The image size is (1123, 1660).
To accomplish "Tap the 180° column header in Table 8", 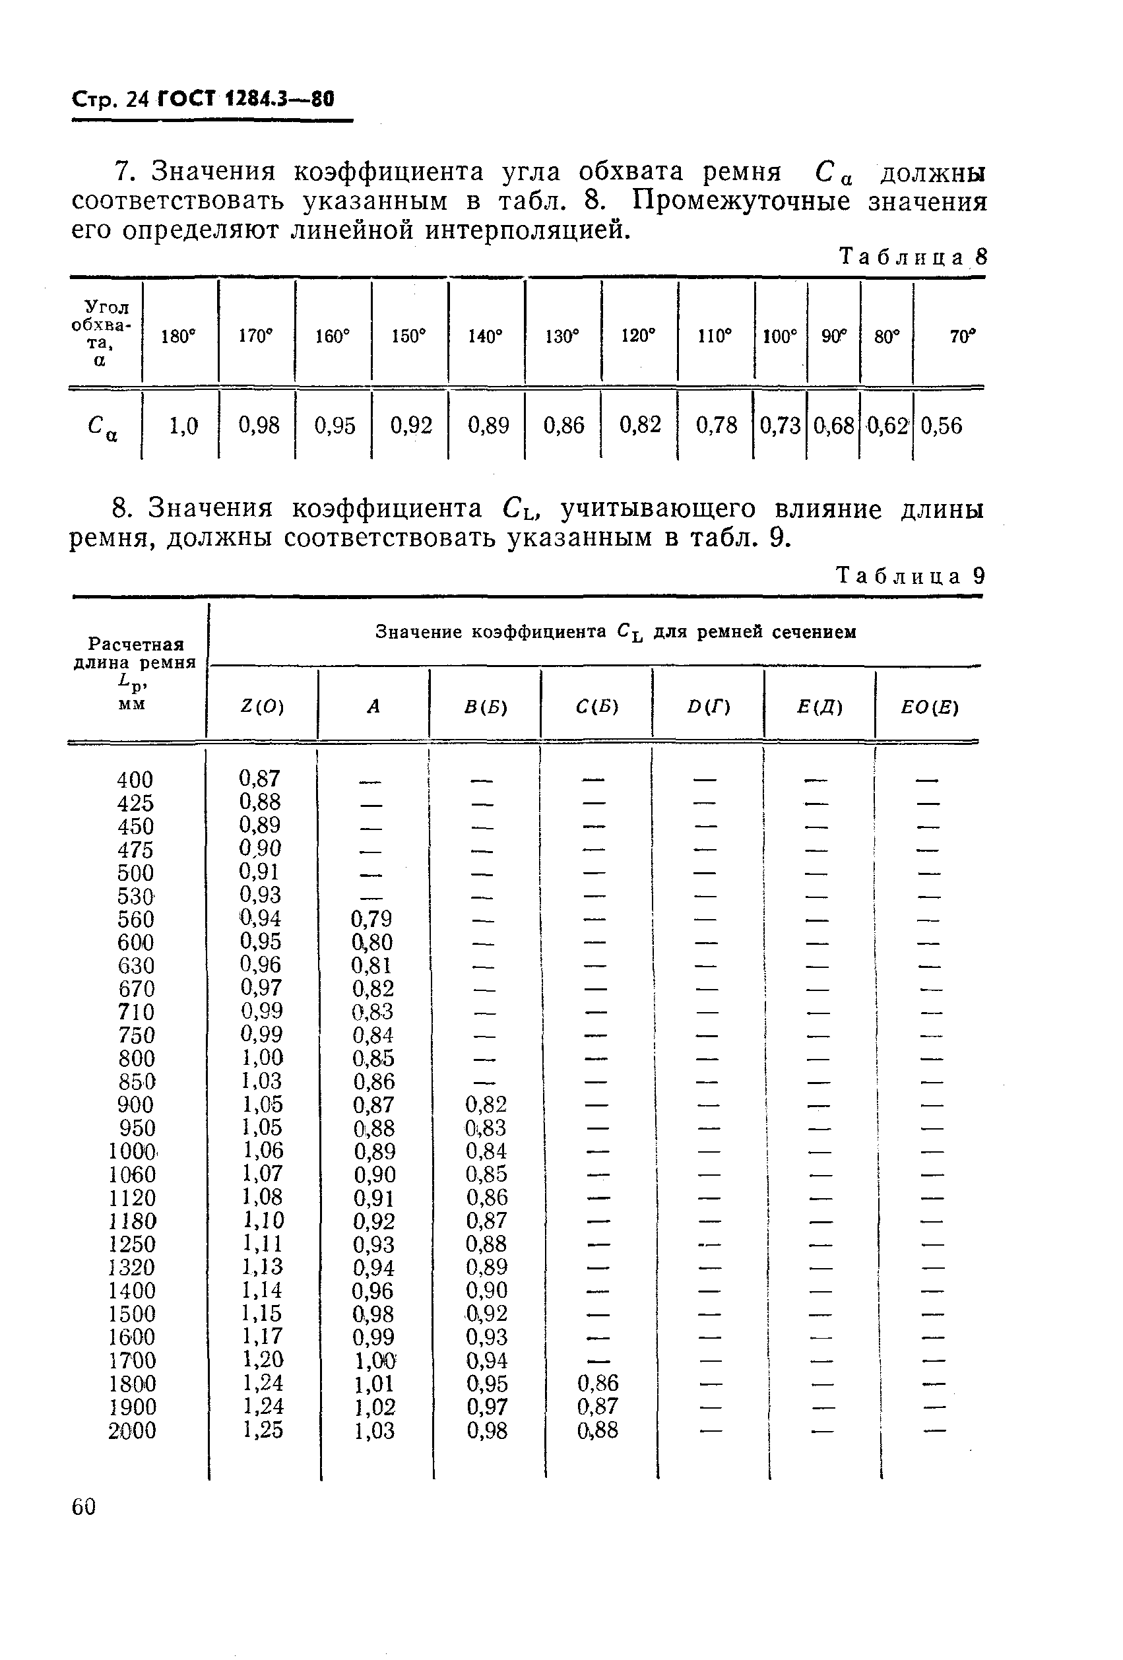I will tap(179, 336).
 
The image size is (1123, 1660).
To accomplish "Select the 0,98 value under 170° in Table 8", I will tap(259, 426).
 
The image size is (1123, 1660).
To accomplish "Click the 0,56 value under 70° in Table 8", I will tap(941, 426).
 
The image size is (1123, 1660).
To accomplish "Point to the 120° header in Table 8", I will tap(638, 336).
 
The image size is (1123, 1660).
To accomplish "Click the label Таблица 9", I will tap(910, 575).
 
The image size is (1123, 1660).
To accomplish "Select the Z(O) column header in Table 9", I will tap(262, 707).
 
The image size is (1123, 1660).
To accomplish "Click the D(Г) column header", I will tap(709, 707).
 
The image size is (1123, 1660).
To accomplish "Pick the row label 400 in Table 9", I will tap(135, 779).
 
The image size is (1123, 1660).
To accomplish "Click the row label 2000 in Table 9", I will tap(132, 1430).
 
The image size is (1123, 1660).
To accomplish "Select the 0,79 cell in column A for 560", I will tap(372, 918).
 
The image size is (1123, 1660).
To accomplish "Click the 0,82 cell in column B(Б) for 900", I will tap(486, 1104).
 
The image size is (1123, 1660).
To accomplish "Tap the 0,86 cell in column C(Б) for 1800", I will tap(598, 1383).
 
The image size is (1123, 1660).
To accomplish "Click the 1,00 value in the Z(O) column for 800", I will tap(262, 1057).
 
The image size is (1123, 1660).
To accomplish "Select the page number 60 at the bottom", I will tap(84, 1506).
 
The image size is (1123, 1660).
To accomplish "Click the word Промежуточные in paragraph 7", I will tap(742, 202).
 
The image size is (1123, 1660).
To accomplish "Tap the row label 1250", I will tap(132, 1244).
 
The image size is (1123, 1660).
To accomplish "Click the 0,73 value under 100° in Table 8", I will tap(779, 426).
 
